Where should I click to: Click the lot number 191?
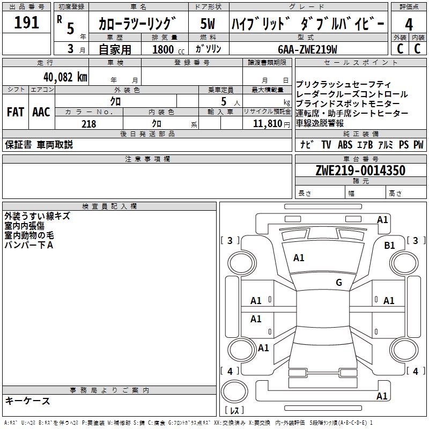point(26,23)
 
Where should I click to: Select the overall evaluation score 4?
point(409,24)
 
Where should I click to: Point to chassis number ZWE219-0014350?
point(360,171)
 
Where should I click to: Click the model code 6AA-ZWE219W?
point(307,49)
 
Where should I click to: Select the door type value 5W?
point(208,24)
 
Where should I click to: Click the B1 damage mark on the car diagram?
point(390,245)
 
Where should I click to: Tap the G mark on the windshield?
point(339,283)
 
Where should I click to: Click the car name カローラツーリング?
point(137,24)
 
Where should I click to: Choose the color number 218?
point(88,124)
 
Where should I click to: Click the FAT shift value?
point(15,112)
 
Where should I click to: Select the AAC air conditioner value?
point(41,112)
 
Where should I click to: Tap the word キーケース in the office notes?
point(27,401)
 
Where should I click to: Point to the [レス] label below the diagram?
point(234,411)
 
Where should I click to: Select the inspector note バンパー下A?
point(29,245)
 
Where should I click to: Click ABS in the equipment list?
point(346,145)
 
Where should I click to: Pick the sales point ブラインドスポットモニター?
point(347,103)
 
